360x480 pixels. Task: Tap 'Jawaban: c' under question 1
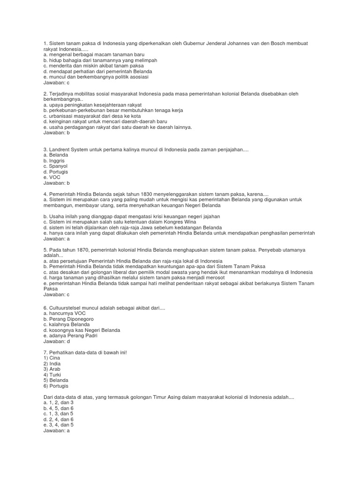pyautogui.click(x=56, y=82)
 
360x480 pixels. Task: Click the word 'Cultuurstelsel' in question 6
pyautogui.click(x=63, y=307)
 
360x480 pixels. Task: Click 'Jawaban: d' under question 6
pyautogui.click(x=56, y=341)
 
